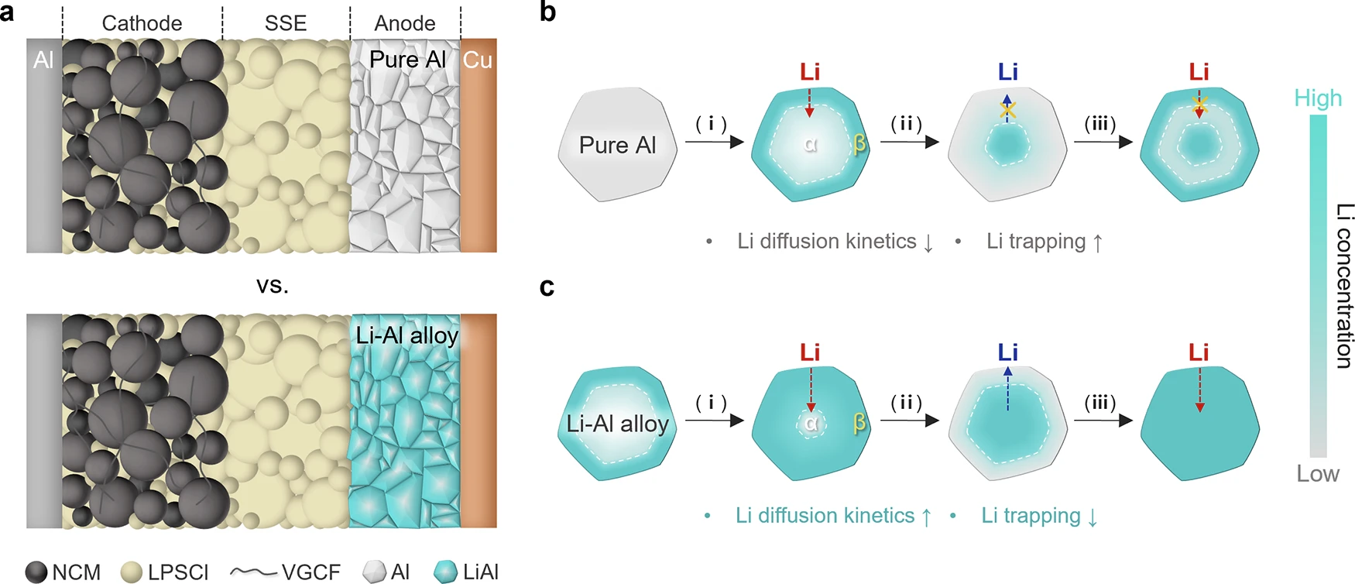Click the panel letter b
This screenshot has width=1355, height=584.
click(x=547, y=12)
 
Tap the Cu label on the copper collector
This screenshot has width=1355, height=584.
click(x=477, y=60)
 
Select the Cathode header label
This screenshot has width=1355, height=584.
click(x=142, y=23)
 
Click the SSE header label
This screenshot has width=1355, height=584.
click(x=286, y=23)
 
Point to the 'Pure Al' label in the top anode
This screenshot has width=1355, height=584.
click(x=407, y=60)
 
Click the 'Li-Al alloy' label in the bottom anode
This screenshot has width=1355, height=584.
click(x=407, y=335)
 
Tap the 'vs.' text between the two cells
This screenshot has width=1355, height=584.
click(x=273, y=285)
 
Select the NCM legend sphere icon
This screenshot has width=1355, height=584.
click(x=36, y=572)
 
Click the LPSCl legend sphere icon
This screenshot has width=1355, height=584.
click(x=132, y=572)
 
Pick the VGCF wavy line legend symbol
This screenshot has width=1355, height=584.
click(x=253, y=572)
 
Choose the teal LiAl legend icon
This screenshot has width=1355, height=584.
click(x=446, y=572)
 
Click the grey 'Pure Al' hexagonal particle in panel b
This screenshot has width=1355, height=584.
click(x=617, y=145)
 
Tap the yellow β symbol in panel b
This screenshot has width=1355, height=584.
click(x=859, y=144)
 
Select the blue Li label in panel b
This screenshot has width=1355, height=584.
click(x=1007, y=72)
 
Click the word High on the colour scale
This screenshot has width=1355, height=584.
click(x=1318, y=98)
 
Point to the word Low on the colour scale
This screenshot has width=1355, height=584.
click(x=1318, y=473)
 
